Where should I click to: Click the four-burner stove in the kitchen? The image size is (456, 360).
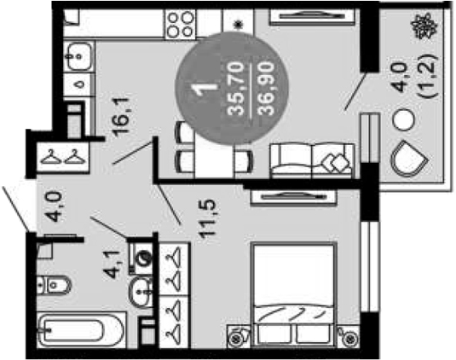181,24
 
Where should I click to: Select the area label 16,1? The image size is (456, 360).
121,117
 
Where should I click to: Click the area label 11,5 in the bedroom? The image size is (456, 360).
208,219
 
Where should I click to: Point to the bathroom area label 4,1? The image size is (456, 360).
112,264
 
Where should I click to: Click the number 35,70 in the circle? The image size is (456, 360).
236,89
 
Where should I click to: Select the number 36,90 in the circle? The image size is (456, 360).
267,89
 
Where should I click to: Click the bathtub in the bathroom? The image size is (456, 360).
82,330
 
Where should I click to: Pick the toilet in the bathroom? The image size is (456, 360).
55,284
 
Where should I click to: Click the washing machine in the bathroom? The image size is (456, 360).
141,256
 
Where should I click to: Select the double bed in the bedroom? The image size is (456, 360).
295,294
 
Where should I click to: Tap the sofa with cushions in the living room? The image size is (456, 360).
312,160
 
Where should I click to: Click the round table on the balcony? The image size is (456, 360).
403,119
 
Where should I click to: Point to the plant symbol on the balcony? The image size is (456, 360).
425,26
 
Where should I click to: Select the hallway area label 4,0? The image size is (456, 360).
55,207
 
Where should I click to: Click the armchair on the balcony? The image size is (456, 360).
408,159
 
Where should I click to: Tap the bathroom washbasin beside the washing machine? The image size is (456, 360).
141,291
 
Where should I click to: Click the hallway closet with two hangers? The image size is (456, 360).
62,157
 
